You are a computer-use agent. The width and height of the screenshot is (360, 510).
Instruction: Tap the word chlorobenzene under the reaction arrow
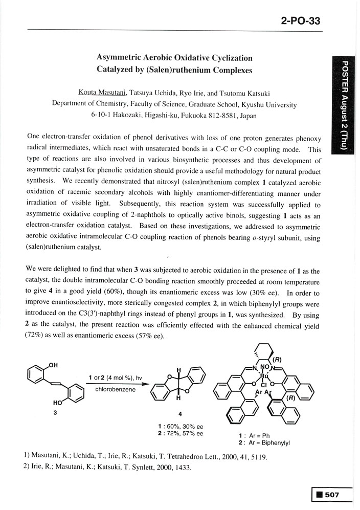pos(115,389)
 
